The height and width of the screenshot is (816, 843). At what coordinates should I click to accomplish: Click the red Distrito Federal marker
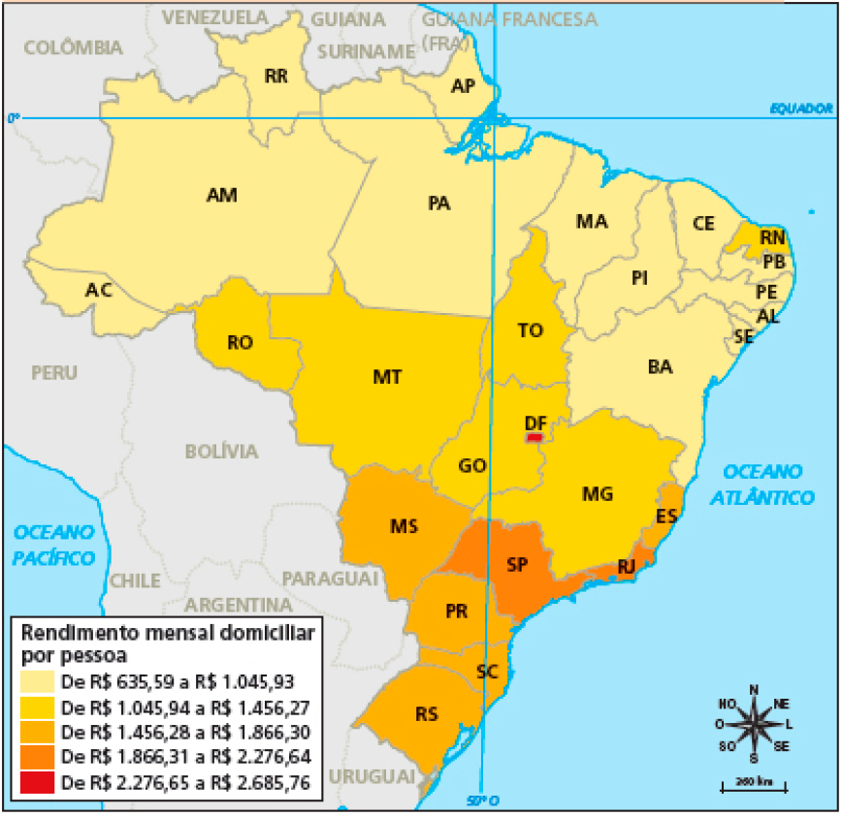point(534,438)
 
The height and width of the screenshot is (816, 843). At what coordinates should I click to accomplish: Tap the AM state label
point(222,196)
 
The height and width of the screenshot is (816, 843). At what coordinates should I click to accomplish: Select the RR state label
point(276,77)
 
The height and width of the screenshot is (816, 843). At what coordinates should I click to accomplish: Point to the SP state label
point(517,564)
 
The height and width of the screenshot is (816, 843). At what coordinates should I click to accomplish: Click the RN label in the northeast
point(772,237)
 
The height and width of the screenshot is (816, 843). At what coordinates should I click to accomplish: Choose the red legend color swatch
point(38,782)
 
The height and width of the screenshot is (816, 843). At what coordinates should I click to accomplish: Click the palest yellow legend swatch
point(38,681)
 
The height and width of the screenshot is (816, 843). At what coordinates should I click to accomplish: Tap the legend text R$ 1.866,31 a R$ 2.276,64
point(184,757)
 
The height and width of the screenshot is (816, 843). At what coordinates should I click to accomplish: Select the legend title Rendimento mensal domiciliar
point(168,632)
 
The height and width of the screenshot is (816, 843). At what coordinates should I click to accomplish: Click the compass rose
point(753,723)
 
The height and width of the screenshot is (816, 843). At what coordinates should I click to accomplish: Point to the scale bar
point(753,785)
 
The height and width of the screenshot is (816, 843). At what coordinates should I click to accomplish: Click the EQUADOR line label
point(801,109)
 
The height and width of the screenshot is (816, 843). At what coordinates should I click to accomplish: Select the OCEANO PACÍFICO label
point(54,545)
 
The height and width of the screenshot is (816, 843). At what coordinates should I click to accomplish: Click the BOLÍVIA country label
point(221,452)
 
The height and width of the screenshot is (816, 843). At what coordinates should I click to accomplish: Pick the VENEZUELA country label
point(214,17)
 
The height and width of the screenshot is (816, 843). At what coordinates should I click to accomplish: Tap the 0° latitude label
point(13,117)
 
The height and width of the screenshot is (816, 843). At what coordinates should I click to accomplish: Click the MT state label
point(387,377)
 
